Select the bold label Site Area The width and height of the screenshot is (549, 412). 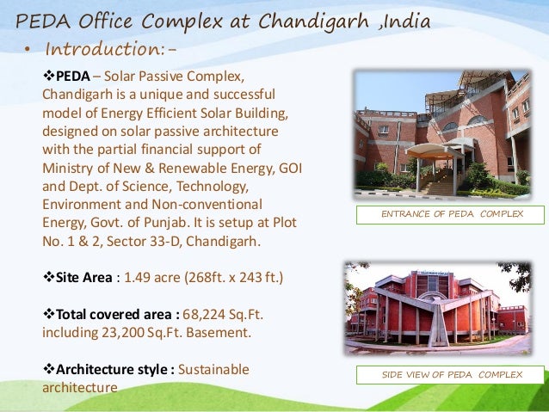(x=87, y=279)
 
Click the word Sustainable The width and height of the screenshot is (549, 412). (x=214, y=369)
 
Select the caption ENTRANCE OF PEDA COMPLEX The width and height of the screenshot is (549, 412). (x=451, y=214)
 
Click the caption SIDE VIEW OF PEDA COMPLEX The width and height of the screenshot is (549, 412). (x=452, y=376)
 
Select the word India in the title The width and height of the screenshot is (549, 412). (x=404, y=22)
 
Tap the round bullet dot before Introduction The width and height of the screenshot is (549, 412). (x=27, y=50)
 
